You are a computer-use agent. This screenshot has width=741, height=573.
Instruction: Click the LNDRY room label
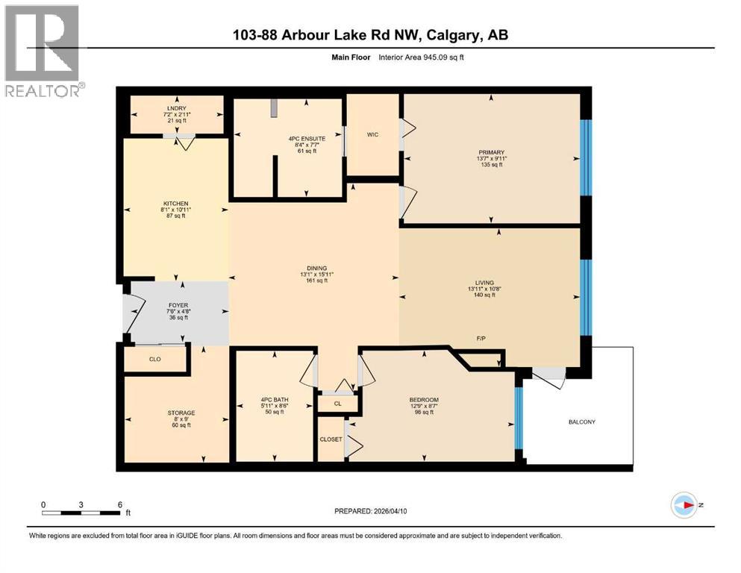(177, 108)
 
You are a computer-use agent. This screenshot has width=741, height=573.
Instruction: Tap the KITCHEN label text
(175, 203)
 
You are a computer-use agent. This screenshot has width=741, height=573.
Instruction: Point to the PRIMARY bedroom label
(492, 152)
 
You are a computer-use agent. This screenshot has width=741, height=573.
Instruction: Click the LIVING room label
(480, 283)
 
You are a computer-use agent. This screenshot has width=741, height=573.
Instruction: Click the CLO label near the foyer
(155, 359)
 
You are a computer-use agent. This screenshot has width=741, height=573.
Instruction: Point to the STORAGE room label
(181, 413)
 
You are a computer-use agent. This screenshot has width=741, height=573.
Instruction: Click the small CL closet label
(337, 404)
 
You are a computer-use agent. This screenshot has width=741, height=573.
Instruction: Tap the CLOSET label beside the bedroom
(331, 439)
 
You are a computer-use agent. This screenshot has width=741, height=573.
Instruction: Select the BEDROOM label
(424, 399)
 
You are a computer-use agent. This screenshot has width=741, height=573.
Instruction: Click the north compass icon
(684, 505)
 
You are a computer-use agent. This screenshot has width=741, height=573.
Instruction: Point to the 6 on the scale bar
(120, 504)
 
